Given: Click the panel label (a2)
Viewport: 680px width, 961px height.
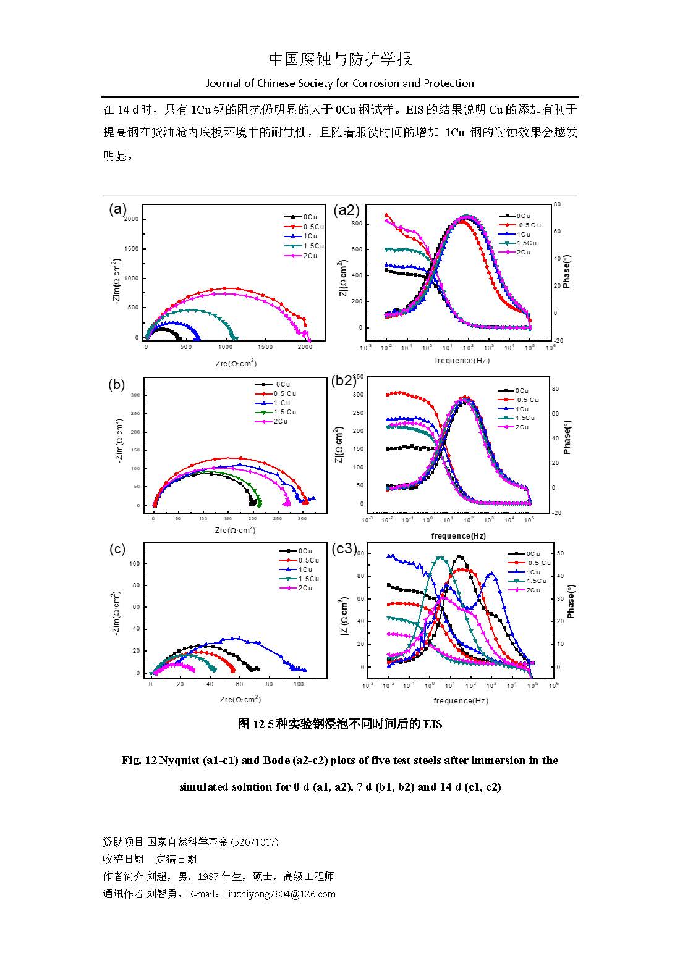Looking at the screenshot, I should [346, 210].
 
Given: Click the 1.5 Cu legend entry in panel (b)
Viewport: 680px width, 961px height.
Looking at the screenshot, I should [284, 413].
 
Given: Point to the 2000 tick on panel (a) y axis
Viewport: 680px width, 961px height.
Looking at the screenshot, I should [131, 219].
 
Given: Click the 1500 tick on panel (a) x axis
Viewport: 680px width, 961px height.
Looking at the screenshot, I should [265, 348].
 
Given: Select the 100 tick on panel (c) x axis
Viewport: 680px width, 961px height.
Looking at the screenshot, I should [299, 684].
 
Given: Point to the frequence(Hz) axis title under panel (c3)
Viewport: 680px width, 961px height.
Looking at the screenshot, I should [461, 701].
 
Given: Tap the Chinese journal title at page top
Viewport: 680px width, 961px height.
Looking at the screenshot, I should [340, 59].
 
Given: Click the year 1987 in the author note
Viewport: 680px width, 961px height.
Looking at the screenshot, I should [220, 876].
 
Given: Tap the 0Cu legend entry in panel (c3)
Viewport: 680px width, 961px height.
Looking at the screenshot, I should [532, 554].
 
